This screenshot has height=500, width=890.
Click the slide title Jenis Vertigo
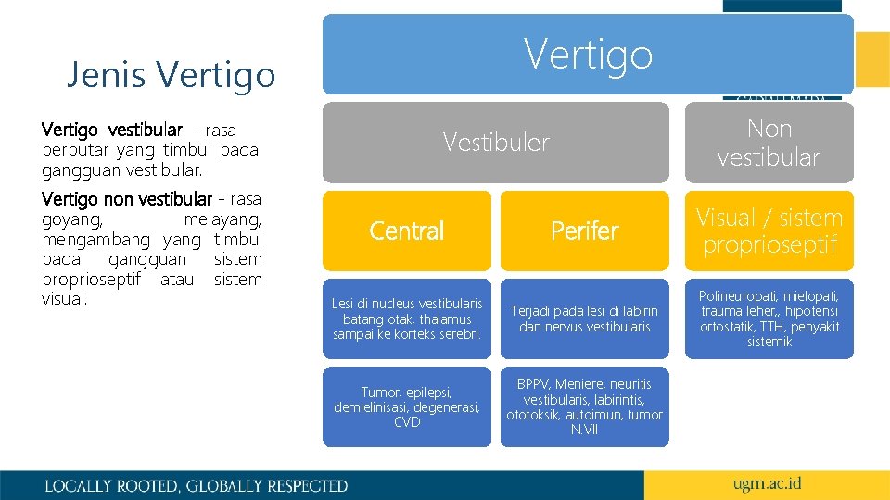pyautogui.click(x=171, y=74)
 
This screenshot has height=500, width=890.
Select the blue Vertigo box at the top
pyautogui.click(x=588, y=54)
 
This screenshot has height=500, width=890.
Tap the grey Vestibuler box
pyautogui.click(x=495, y=142)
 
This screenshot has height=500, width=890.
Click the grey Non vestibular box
pyautogui.click(x=769, y=142)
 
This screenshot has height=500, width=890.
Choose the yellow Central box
pyautogui.click(x=406, y=231)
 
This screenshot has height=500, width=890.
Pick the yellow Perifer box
pyautogui.click(x=584, y=231)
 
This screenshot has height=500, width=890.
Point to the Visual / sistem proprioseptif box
pyautogui.click(x=769, y=231)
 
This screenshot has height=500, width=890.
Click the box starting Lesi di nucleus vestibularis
pyautogui.click(x=406, y=319)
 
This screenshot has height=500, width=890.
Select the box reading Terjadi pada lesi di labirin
pyautogui.click(x=584, y=319)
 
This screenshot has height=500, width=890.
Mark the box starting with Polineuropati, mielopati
pyautogui.click(x=769, y=319)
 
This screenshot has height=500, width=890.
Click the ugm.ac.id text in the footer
pyautogui.click(x=767, y=484)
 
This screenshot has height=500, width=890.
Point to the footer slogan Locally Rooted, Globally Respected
pyautogui.click(x=197, y=485)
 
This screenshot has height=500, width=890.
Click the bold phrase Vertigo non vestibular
pyautogui.click(x=127, y=199)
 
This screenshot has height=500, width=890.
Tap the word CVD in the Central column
pyautogui.click(x=407, y=423)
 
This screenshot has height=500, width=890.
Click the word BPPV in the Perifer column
pyautogui.click(x=534, y=384)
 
